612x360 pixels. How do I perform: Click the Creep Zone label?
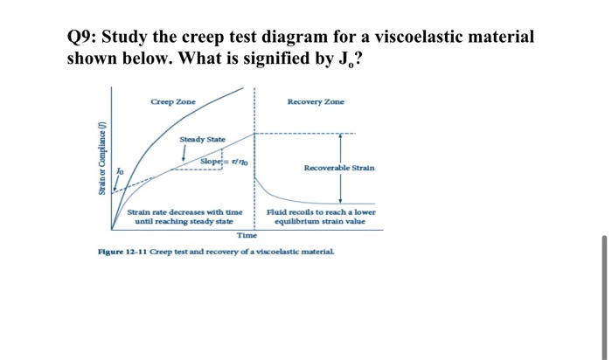[x=172, y=102]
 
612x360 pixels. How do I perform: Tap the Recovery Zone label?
[x=316, y=102]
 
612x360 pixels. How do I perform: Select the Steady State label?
[x=202, y=140]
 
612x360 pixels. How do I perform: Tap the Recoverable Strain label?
[x=339, y=168]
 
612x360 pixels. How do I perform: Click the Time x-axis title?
[x=247, y=236]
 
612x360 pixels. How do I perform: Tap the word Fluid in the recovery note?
[x=277, y=212]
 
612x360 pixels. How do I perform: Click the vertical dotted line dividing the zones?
[x=255, y=157]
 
